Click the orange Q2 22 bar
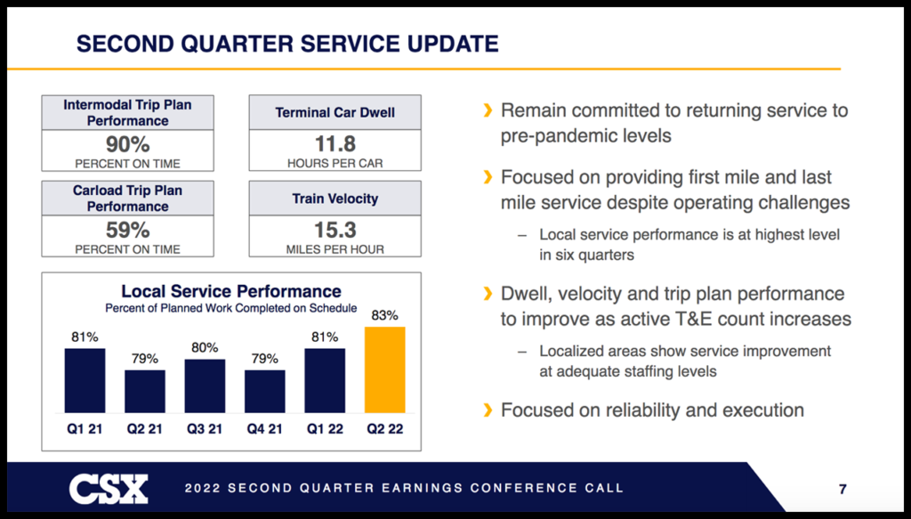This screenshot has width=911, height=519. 384,369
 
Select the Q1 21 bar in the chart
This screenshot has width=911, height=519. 85,380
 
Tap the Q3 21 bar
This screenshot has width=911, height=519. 205,385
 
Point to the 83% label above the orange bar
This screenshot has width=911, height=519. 385,315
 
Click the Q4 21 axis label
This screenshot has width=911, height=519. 264,429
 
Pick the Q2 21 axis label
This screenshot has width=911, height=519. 144,429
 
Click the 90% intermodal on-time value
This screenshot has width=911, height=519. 127,144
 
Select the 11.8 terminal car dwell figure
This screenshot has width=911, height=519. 335,144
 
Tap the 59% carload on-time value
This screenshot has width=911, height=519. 127,230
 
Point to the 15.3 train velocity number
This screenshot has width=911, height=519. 335,230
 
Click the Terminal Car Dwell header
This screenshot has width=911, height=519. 335,113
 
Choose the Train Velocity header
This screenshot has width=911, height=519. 335,199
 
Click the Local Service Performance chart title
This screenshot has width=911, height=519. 231,291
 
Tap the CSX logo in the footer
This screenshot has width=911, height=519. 109,488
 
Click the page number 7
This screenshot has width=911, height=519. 842,488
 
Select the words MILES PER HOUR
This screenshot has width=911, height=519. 335,250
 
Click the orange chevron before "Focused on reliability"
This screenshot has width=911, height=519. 487,410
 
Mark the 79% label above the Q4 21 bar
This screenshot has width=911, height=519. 264,359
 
